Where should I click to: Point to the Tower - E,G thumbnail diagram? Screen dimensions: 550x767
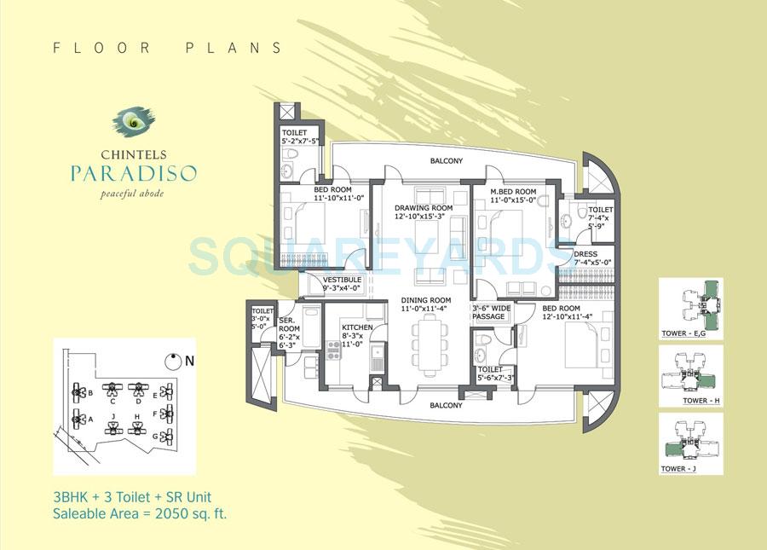click(x=689, y=304)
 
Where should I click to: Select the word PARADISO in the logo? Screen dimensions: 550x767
click(x=135, y=175)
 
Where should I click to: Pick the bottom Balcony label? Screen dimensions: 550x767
click(x=446, y=405)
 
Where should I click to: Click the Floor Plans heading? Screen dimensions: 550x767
click(x=167, y=49)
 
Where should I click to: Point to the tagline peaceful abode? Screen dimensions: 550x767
click(x=135, y=194)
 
